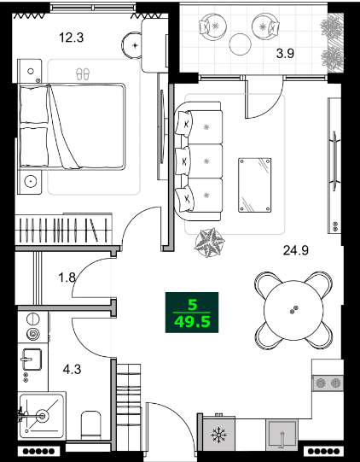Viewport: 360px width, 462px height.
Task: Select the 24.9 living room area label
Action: pos(295,250)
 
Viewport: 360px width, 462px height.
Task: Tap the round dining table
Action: pos(293,308)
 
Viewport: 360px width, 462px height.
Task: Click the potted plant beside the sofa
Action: pos(210,243)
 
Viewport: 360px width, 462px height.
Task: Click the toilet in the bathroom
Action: pos(90,424)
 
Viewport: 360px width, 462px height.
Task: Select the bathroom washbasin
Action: pos(32,359)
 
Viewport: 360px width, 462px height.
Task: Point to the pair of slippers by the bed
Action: pos(82,73)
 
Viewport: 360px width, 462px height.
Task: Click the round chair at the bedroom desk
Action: pos(134,42)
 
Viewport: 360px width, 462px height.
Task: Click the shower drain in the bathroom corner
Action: pos(39,415)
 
